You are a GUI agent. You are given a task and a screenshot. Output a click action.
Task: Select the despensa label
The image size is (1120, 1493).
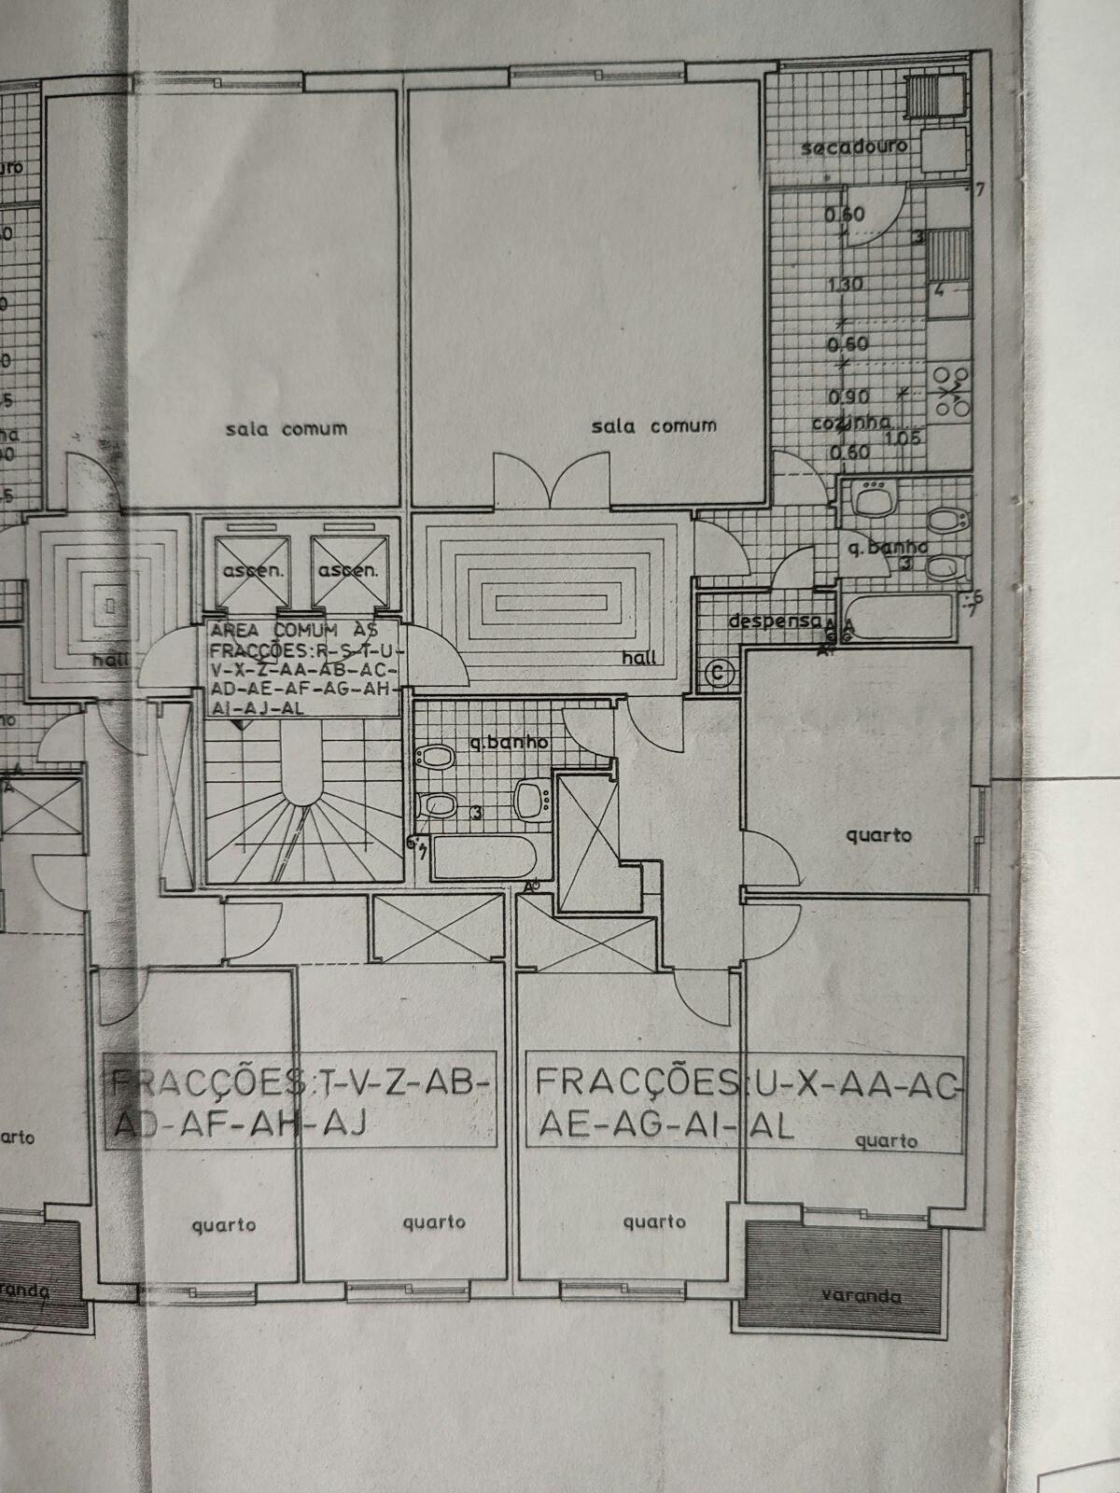click(x=774, y=621)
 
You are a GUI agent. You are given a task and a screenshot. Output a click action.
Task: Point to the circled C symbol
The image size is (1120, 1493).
click(x=719, y=671)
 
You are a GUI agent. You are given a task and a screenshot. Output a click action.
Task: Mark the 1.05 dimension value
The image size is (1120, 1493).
click(x=903, y=438)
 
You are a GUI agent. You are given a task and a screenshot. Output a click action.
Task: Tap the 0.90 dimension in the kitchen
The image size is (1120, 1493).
click(x=848, y=397)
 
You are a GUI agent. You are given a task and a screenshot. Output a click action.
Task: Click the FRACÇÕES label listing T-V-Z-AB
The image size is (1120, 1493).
click(x=300, y=1103)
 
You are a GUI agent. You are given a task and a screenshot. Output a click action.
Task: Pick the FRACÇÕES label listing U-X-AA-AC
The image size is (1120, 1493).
click(x=746, y=1103)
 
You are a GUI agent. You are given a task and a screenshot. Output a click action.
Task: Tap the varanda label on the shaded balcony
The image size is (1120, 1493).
click(x=861, y=1295)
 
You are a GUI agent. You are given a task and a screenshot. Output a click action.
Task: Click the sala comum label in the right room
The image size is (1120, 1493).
click(x=653, y=426)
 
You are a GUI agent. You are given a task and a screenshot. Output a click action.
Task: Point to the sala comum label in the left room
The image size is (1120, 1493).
click(x=286, y=429)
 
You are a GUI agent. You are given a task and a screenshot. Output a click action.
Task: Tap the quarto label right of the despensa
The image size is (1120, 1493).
click(x=878, y=835)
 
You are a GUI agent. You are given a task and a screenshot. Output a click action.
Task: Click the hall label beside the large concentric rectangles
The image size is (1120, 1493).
click(x=641, y=659)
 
